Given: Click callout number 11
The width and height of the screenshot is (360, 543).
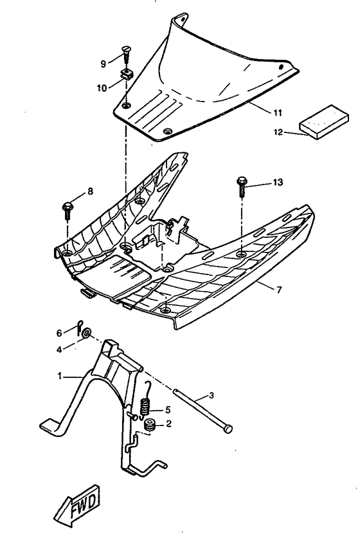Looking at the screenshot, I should pos(278,112).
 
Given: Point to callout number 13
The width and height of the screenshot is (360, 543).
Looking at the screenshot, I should pos(277,183).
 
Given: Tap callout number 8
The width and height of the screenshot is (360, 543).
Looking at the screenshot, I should pos(90,191).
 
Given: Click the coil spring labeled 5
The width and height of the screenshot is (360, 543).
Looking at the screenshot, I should pos(145,406).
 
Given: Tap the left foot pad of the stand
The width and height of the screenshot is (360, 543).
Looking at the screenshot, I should pos(53,425).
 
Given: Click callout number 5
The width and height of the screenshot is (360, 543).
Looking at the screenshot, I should pos(168,409).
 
